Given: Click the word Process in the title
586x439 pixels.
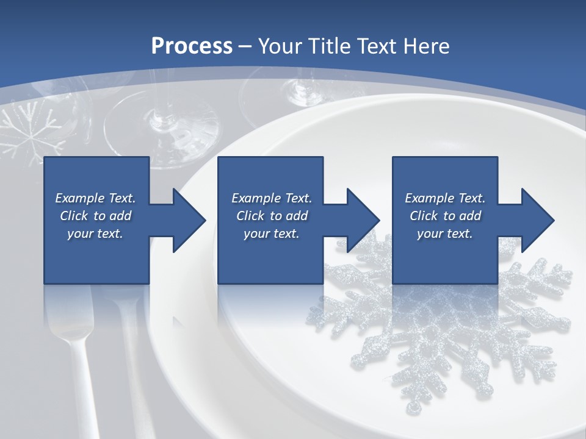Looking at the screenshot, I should tap(192, 46).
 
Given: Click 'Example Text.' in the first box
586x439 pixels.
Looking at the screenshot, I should tap(95, 198).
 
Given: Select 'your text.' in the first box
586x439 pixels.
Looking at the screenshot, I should tap(95, 234).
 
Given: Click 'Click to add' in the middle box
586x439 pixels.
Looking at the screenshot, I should tap(272, 216).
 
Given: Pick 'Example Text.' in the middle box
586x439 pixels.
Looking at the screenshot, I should tap(272, 198).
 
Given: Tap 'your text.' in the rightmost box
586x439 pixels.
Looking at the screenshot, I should tap(445, 234).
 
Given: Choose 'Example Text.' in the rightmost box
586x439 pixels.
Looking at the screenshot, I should tap(445, 198).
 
